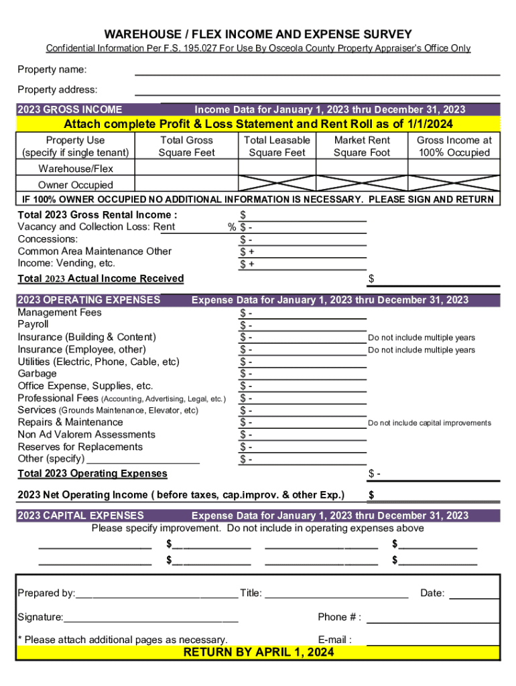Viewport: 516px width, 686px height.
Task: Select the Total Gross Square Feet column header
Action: [186, 146]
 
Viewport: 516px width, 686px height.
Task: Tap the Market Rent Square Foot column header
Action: [362, 146]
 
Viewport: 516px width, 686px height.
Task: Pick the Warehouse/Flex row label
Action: [76, 168]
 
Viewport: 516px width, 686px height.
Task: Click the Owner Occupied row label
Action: [76, 185]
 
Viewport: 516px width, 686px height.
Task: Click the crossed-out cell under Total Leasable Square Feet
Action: [277, 184]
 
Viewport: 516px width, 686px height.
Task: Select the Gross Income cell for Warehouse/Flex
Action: [454, 168]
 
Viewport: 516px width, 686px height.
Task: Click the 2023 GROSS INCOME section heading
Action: [70, 110]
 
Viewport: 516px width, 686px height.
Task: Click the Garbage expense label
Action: [37, 374]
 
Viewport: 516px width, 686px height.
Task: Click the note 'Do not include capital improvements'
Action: [429, 423]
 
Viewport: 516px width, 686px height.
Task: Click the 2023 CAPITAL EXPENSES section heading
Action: [80, 515]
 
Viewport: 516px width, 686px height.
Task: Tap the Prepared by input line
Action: [157, 593]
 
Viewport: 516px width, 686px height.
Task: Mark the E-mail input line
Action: [433, 640]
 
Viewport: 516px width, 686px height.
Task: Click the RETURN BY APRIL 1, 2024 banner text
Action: [259, 653]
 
